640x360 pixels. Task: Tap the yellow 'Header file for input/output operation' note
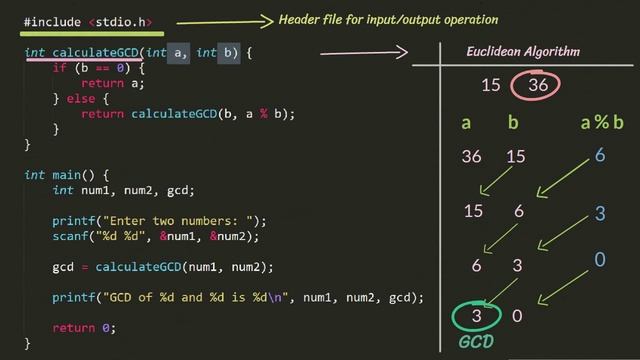[388, 20]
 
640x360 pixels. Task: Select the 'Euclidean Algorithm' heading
[523, 52]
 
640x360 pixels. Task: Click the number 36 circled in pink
[537, 85]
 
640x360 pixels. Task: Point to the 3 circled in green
[477, 316]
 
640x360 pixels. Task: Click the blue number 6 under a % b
[600, 155]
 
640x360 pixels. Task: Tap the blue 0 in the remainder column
[600, 260]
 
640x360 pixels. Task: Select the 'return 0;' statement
[84, 327]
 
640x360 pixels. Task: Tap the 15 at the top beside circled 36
[490, 85]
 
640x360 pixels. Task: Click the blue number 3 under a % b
[600, 213]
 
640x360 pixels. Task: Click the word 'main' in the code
[69, 174]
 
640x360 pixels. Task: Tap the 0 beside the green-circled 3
[516, 316]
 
